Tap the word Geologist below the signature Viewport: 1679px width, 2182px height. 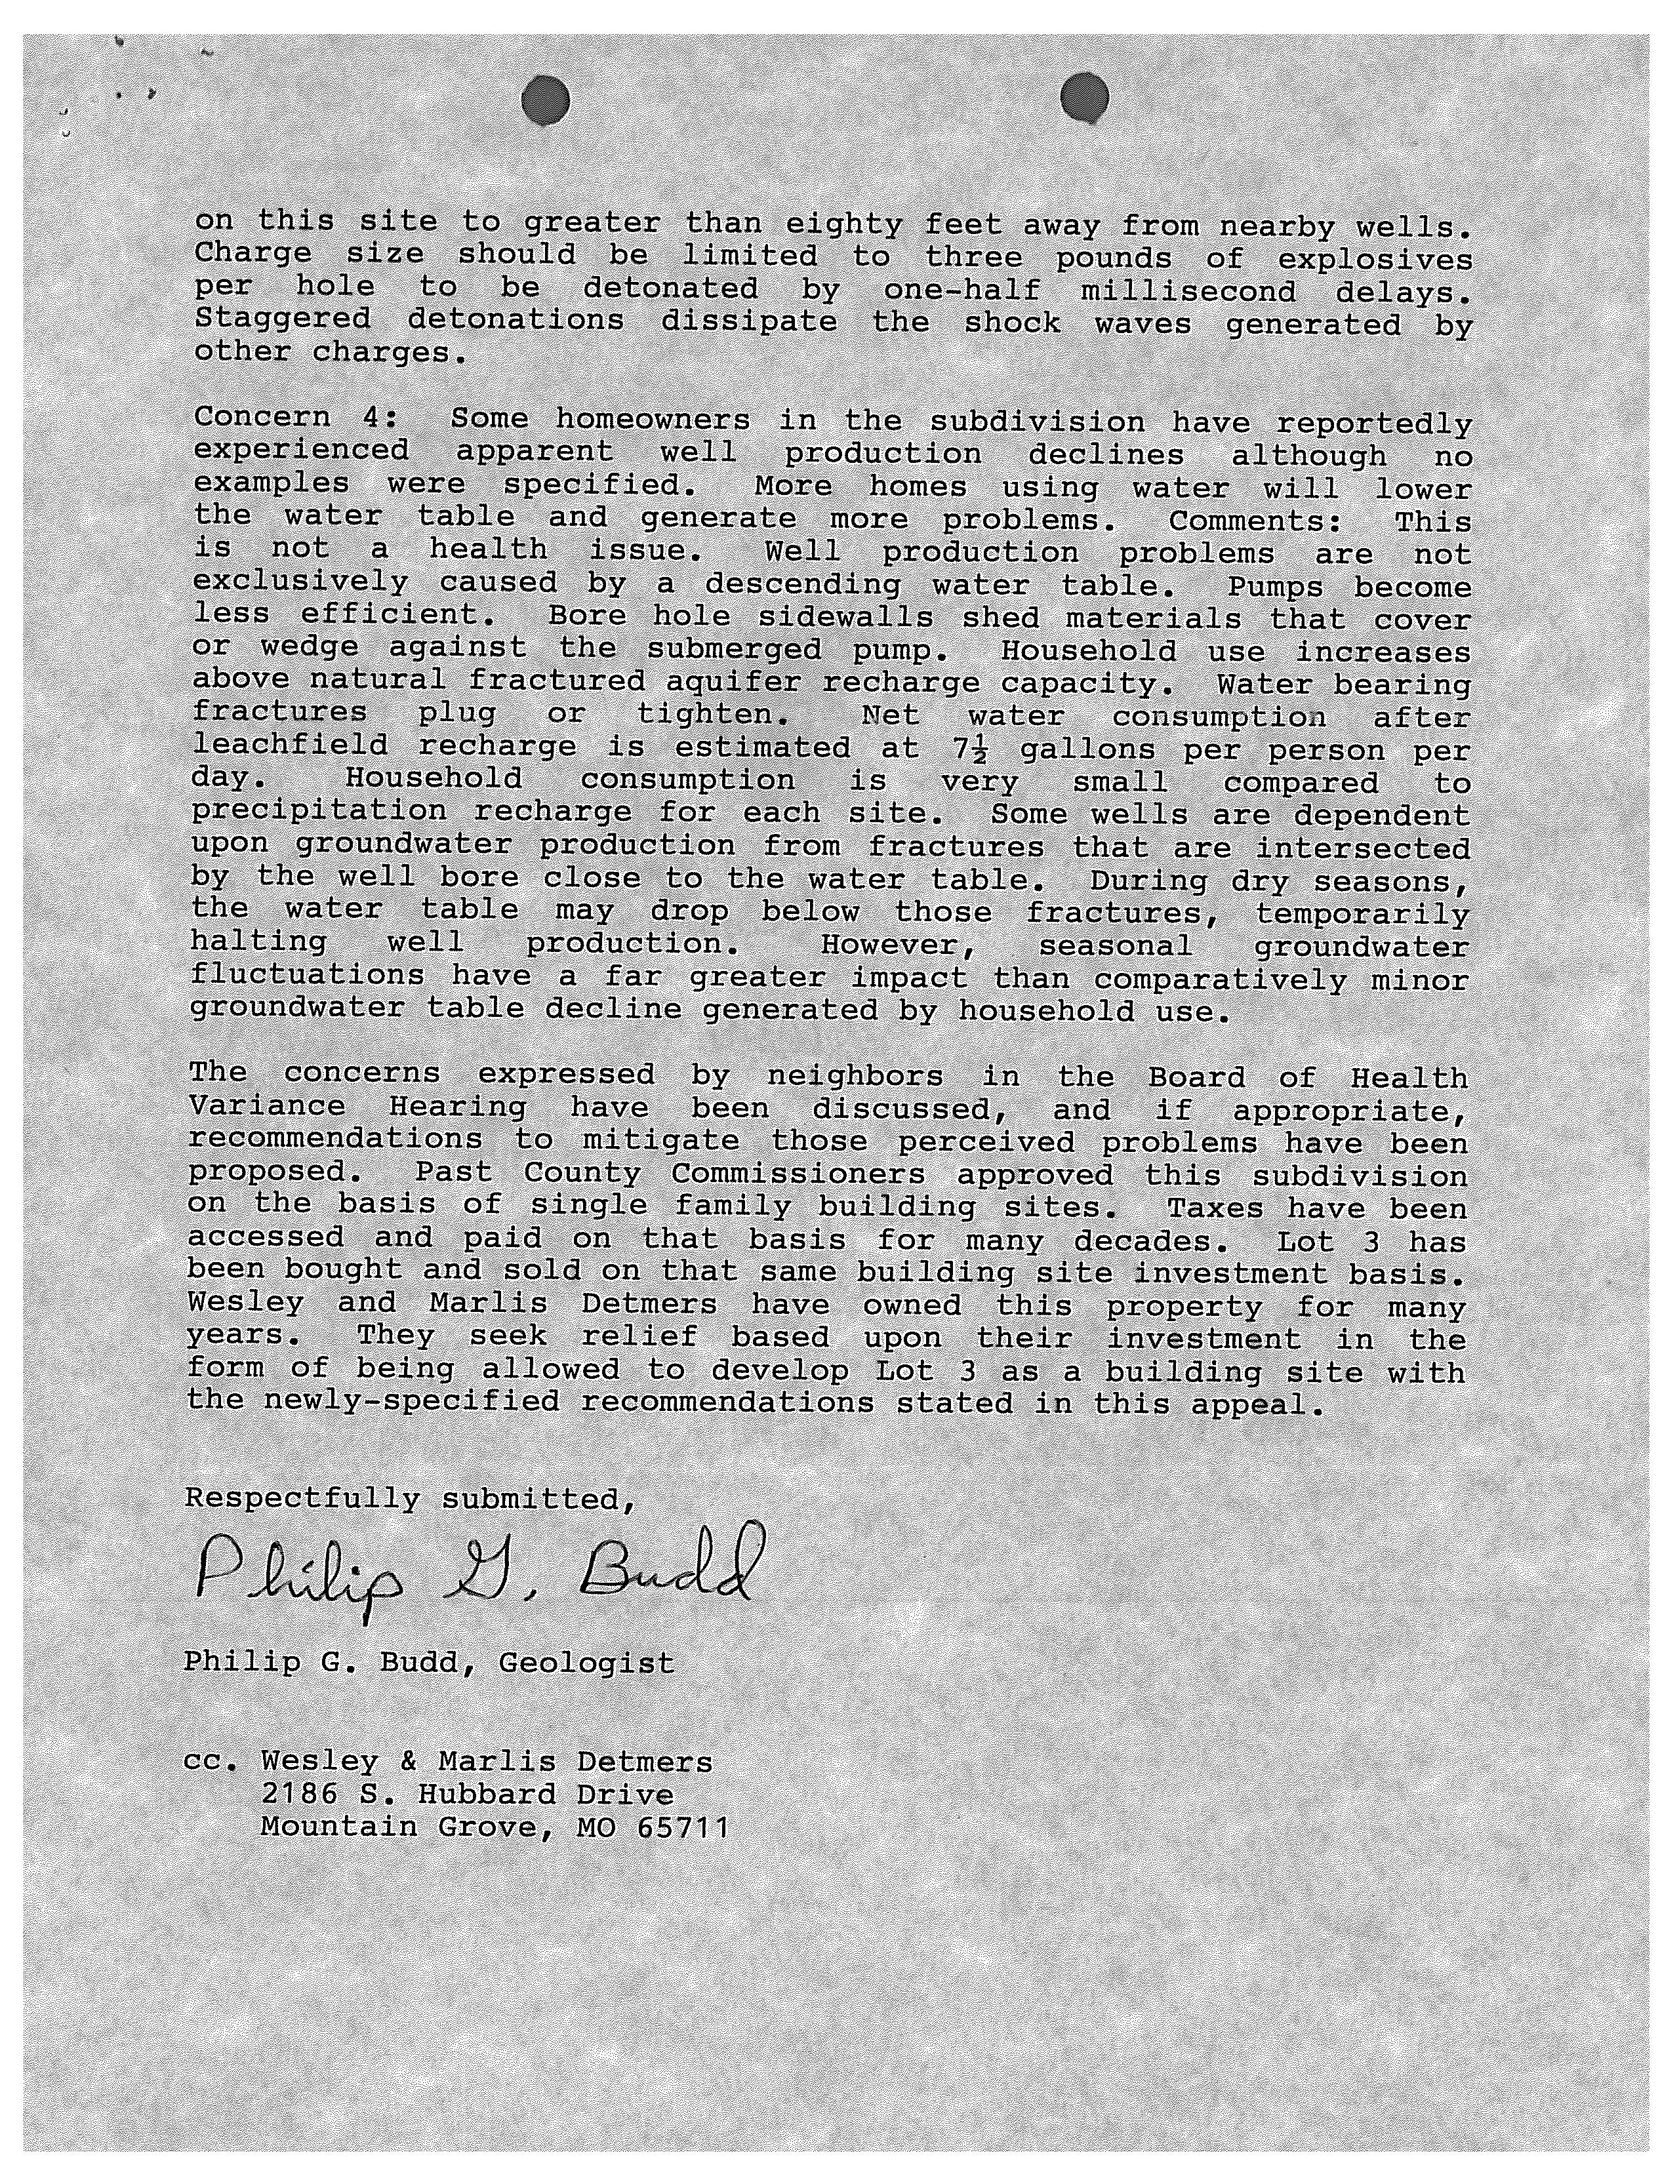[x=586, y=1663]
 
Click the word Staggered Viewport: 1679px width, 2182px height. [x=282, y=320]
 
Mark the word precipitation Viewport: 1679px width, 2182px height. [x=319, y=810]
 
